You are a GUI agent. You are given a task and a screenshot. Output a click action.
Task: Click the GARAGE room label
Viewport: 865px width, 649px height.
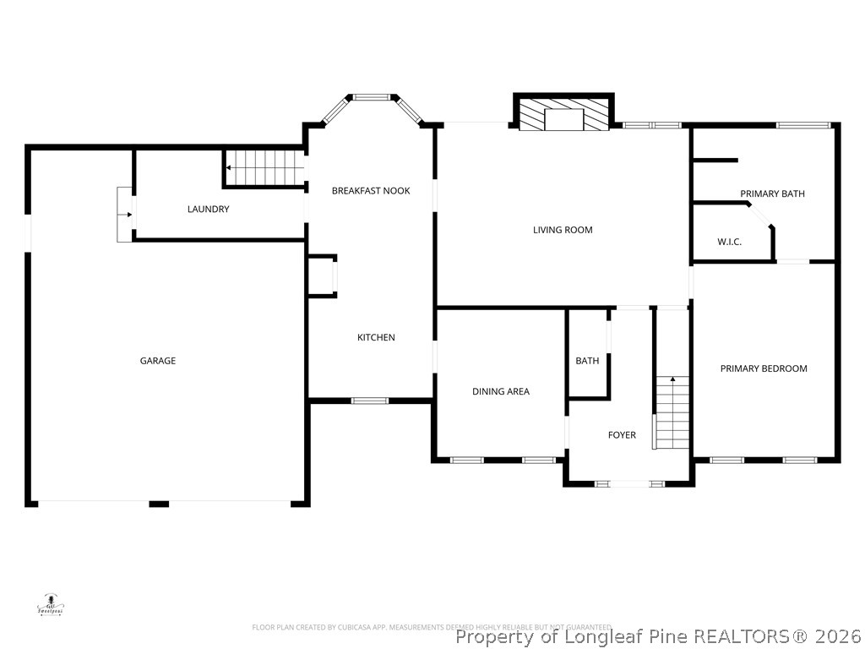coord(158,361)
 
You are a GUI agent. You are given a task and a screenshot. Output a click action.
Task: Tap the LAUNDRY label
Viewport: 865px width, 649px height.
coord(208,209)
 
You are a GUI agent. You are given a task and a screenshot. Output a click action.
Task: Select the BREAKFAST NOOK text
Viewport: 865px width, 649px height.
coord(371,191)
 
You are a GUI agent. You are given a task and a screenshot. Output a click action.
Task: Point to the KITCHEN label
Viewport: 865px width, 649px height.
coord(376,338)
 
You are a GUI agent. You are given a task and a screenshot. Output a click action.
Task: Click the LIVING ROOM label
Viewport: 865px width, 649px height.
coord(563,230)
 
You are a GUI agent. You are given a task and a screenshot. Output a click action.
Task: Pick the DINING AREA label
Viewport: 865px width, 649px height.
coord(501,391)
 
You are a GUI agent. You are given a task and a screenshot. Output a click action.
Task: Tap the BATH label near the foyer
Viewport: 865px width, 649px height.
coord(587,361)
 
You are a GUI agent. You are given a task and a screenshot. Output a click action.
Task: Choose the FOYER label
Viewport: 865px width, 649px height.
coord(622,435)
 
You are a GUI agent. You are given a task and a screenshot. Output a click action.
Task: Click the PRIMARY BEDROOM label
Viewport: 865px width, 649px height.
coord(764,368)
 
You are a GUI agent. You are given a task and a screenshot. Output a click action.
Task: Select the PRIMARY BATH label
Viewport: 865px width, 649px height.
coord(772,194)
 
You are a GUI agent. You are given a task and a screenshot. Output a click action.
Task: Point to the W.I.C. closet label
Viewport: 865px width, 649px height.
coord(730,243)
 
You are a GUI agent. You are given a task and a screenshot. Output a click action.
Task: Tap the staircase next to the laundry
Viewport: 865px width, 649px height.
coord(264,167)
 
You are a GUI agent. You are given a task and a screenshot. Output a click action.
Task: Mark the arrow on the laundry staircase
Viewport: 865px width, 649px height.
coord(230,168)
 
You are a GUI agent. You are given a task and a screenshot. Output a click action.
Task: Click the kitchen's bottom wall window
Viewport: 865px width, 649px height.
coord(369,401)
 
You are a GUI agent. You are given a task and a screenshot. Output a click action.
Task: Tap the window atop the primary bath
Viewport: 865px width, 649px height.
coord(803,126)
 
